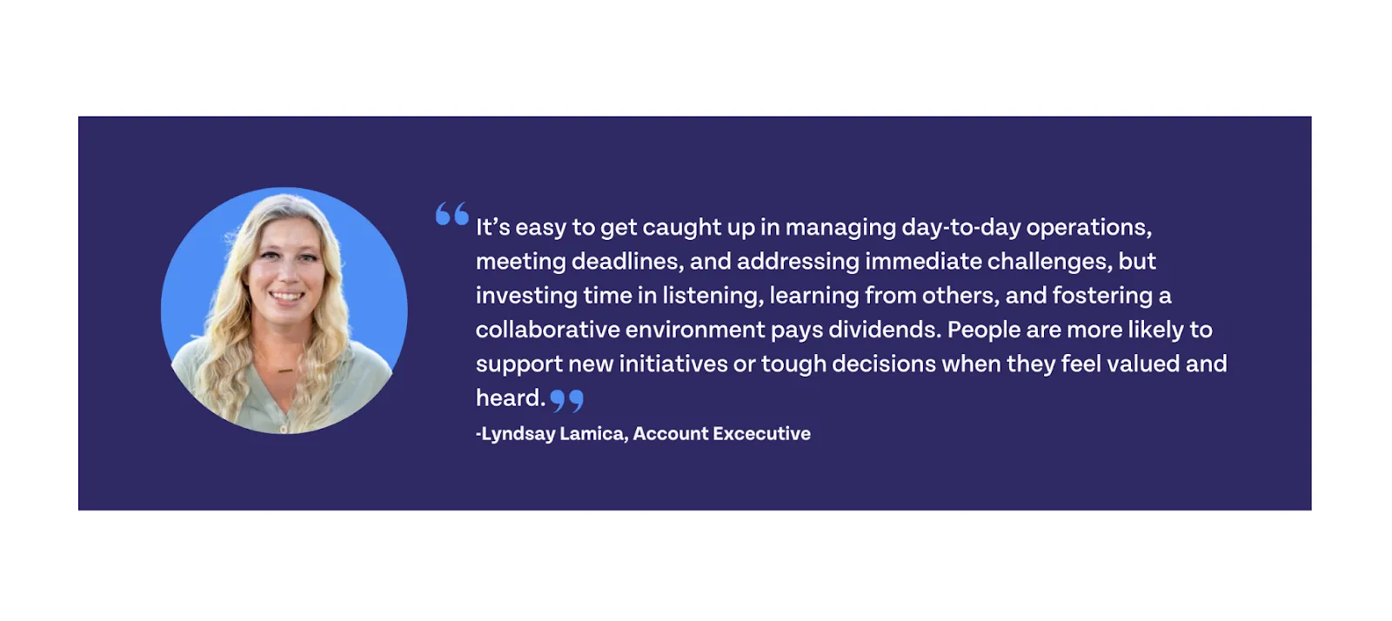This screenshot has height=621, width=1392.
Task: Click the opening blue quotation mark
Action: (452, 213)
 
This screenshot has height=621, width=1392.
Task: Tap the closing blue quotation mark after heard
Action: (566, 400)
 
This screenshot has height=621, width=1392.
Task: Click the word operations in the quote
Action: (1088, 228)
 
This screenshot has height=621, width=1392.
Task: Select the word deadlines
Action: (626, 262)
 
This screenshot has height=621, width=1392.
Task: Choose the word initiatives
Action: (673, 364)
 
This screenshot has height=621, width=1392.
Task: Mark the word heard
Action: (510, 398)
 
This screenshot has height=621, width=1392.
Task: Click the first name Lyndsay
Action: (518, 434)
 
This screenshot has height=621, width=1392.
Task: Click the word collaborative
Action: (546, 330)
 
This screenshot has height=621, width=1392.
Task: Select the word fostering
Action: (1102, 296)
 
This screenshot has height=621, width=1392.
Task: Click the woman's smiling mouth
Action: (286, 297)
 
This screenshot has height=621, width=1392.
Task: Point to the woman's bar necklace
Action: (285, 371)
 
